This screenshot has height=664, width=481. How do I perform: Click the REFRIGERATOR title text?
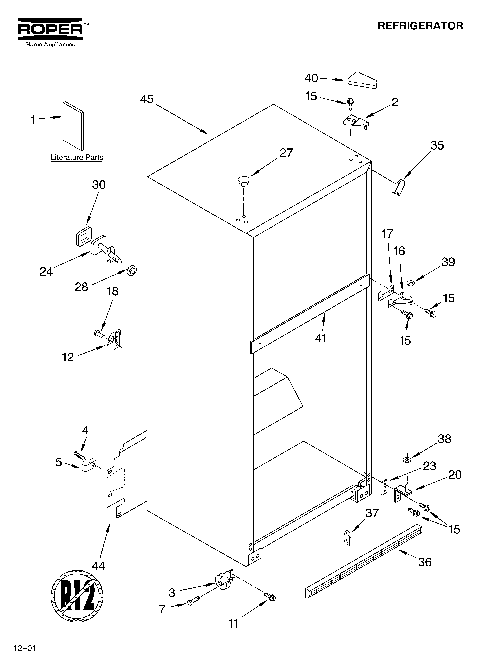click(420, 26)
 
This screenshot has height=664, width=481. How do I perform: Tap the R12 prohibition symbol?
click(77, 596)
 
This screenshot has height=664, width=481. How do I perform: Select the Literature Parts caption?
click(77, 158)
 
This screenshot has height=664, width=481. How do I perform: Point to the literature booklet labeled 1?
click(73, 126)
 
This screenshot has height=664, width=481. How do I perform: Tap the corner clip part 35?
click(399, 187)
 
